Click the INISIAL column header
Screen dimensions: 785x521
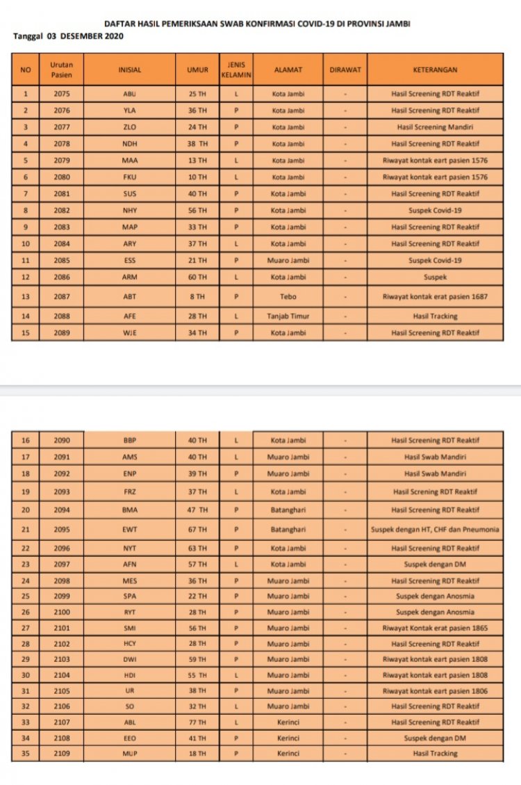pos(130,70)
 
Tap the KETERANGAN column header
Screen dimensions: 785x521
pos(435,70)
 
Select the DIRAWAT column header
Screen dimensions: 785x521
pos(345,70)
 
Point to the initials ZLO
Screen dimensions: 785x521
pos(130,127)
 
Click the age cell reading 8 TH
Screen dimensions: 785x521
pos(197,296)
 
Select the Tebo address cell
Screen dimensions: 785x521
pos(288,296)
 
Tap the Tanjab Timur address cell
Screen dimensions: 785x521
pos(288,316)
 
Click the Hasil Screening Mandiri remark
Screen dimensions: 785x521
pos(435,127)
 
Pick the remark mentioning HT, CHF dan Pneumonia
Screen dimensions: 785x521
pos(435,530)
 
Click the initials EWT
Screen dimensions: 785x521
pos(130,530)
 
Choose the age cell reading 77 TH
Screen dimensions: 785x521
pos(197,722)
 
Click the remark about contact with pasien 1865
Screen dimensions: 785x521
pos(435,629)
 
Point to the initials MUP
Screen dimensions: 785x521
pos(130,754)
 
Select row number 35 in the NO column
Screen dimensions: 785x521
pos(26,754)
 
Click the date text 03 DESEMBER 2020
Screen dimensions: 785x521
pos(85,36)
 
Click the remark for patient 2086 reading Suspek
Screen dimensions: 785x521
pos(435,277)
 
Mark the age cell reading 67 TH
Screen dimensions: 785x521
pos(197,530)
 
